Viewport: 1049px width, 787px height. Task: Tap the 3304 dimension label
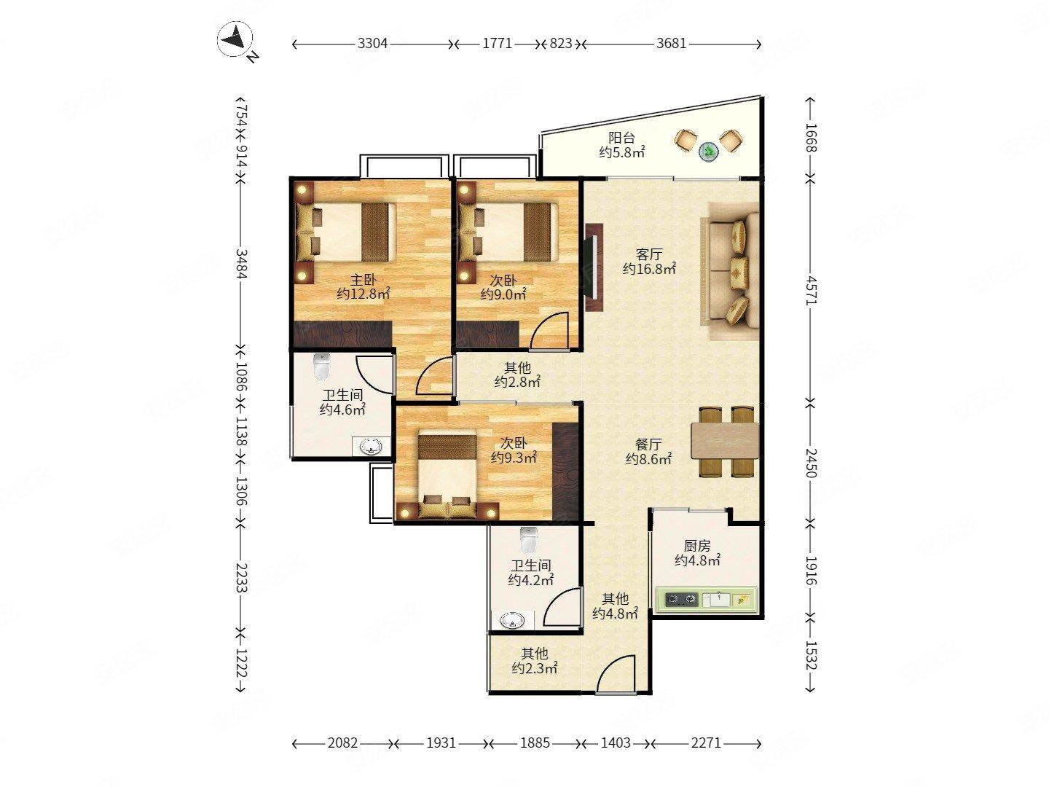pos(372,44)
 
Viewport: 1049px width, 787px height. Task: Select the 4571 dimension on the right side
pos(811,289)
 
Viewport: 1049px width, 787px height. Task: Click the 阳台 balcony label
pos(621,138)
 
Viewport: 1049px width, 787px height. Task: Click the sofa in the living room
pos(730,271)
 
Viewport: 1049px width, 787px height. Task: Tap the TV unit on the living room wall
pos(592,267)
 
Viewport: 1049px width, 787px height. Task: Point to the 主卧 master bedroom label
pos(364,280)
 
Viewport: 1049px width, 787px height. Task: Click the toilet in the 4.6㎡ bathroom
pos(321,367)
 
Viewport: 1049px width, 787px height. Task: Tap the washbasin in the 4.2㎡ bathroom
pos(512,621)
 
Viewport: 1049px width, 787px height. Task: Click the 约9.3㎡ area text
pos(514,458)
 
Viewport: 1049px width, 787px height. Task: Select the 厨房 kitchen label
pos(697,545)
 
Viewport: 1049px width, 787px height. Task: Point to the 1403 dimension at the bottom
pos(616,743)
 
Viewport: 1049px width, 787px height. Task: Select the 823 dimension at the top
pos(561,44)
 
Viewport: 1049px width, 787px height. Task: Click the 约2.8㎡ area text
pos(517,382)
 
